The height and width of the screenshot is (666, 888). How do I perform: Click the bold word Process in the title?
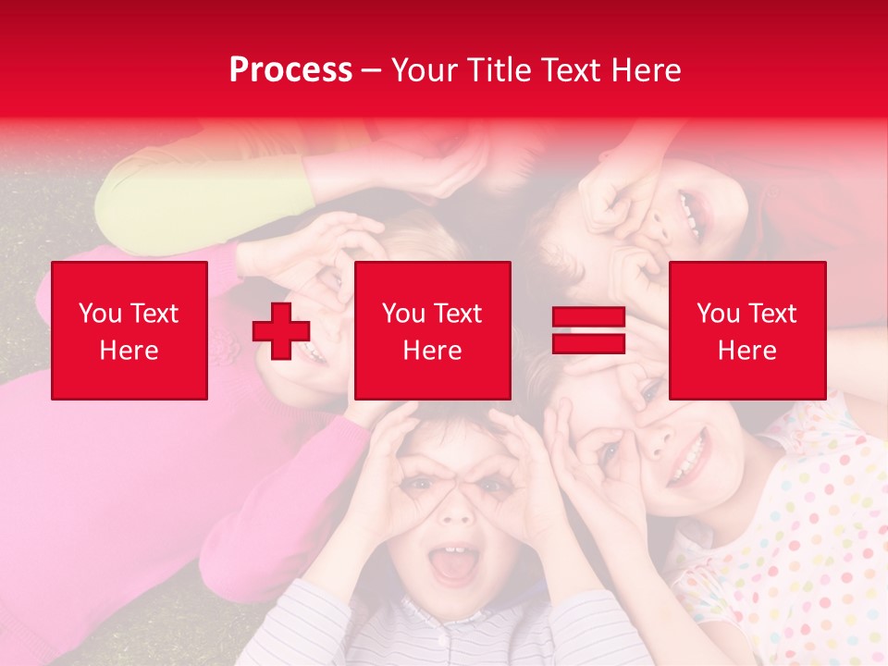point(290,69)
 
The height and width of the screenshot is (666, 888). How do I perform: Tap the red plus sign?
point(281,331)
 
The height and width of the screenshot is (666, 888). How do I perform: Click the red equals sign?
point(588,330)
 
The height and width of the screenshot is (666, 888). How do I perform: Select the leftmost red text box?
point(129,330)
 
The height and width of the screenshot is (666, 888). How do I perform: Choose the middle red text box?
point(432,330)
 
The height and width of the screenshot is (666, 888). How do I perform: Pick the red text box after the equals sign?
point(746,330)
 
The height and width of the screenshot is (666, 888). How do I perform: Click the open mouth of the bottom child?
point(452,564)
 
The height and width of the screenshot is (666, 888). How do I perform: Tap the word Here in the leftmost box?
point(129,351)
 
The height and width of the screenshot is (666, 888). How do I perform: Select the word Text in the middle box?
point(457,314)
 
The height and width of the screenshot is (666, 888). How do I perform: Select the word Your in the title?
point(420,69)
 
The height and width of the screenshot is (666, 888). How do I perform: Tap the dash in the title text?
point(371,70)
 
